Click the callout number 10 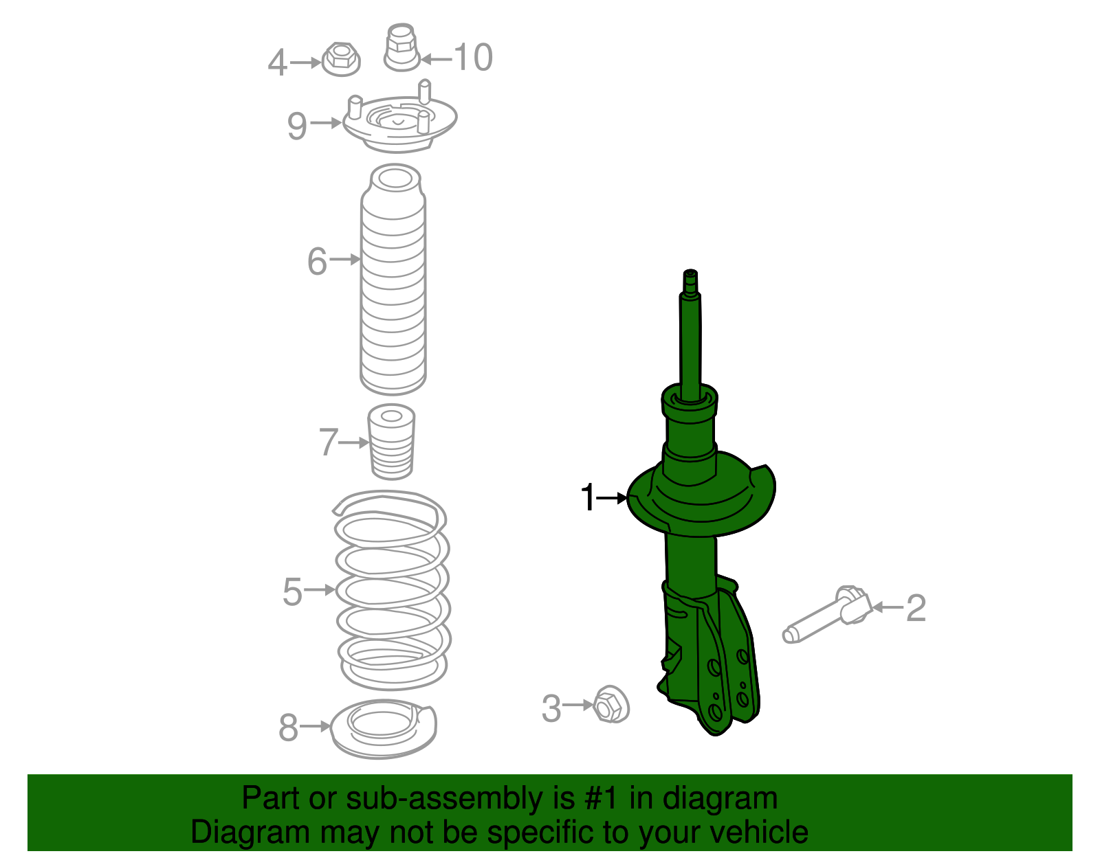(x=473, y=57)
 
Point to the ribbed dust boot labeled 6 (x=393, y=289)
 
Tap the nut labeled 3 (x=610, y=704)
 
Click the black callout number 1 (x=587, y=497)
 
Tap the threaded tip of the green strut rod (x=690, y=280)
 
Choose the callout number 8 (x=289, y=727)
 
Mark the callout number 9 (x=296, y=126)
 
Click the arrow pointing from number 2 (x=888, y=607)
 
